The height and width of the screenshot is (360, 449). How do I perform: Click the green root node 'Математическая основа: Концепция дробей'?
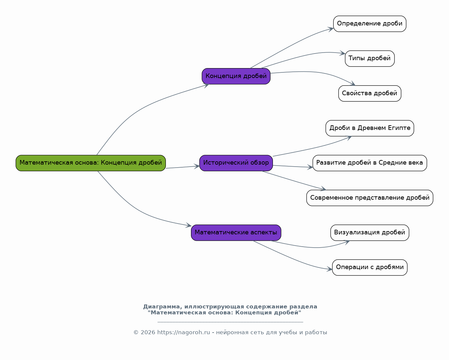(x=91, y=163)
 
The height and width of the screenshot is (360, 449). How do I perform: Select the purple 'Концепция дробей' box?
(x=236, y=76)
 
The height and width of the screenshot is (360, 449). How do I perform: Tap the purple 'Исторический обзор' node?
(x=236, y=163)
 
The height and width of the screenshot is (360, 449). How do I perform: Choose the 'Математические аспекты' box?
(x=236, y=233)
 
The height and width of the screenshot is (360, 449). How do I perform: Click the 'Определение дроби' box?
(x=370, y=24)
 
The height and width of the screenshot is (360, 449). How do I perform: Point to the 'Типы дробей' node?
(x=370, y=59)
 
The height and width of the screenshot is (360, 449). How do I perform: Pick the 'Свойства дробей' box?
(x=370, y=94)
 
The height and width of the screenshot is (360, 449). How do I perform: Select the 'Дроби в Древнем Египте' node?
(x=370, y=128)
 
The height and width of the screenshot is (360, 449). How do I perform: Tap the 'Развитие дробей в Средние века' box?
(x=370, y=163)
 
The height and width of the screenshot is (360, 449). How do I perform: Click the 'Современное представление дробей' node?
(x=370, y=198)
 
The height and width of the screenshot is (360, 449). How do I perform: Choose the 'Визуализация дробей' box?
(x=370, y=233)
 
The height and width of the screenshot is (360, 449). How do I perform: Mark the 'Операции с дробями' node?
(x=370, y=267)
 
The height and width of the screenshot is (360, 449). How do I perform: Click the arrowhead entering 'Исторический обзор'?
(x=197, y=166)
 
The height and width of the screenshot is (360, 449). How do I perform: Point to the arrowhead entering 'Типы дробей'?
(x=342, y=53)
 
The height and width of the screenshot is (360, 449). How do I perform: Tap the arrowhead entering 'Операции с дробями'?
(x=329, y=269)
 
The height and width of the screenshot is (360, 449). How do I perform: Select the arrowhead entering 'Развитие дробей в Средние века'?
(x=310, y=167)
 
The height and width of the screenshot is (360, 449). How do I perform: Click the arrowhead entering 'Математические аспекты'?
(x=189, y=225)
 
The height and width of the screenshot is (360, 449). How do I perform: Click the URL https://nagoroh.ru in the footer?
(x=183, y=332)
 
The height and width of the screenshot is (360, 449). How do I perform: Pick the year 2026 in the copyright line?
(x=148, y=332)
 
